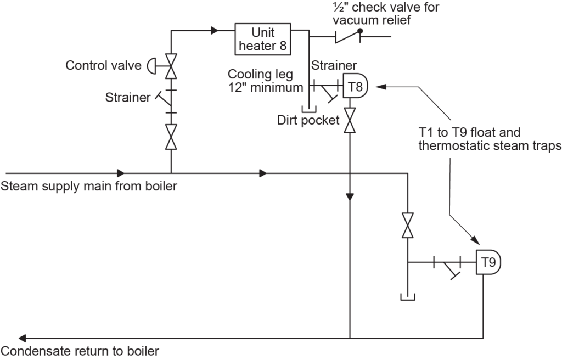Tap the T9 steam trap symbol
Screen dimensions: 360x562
(488, 263)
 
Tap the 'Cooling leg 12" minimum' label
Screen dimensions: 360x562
(266, 80)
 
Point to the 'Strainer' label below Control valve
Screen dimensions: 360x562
(128, 98)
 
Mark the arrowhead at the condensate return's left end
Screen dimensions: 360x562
(22, 337)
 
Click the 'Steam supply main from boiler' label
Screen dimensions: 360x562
(89, 187)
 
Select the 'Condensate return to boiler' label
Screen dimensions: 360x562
(80, 351)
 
